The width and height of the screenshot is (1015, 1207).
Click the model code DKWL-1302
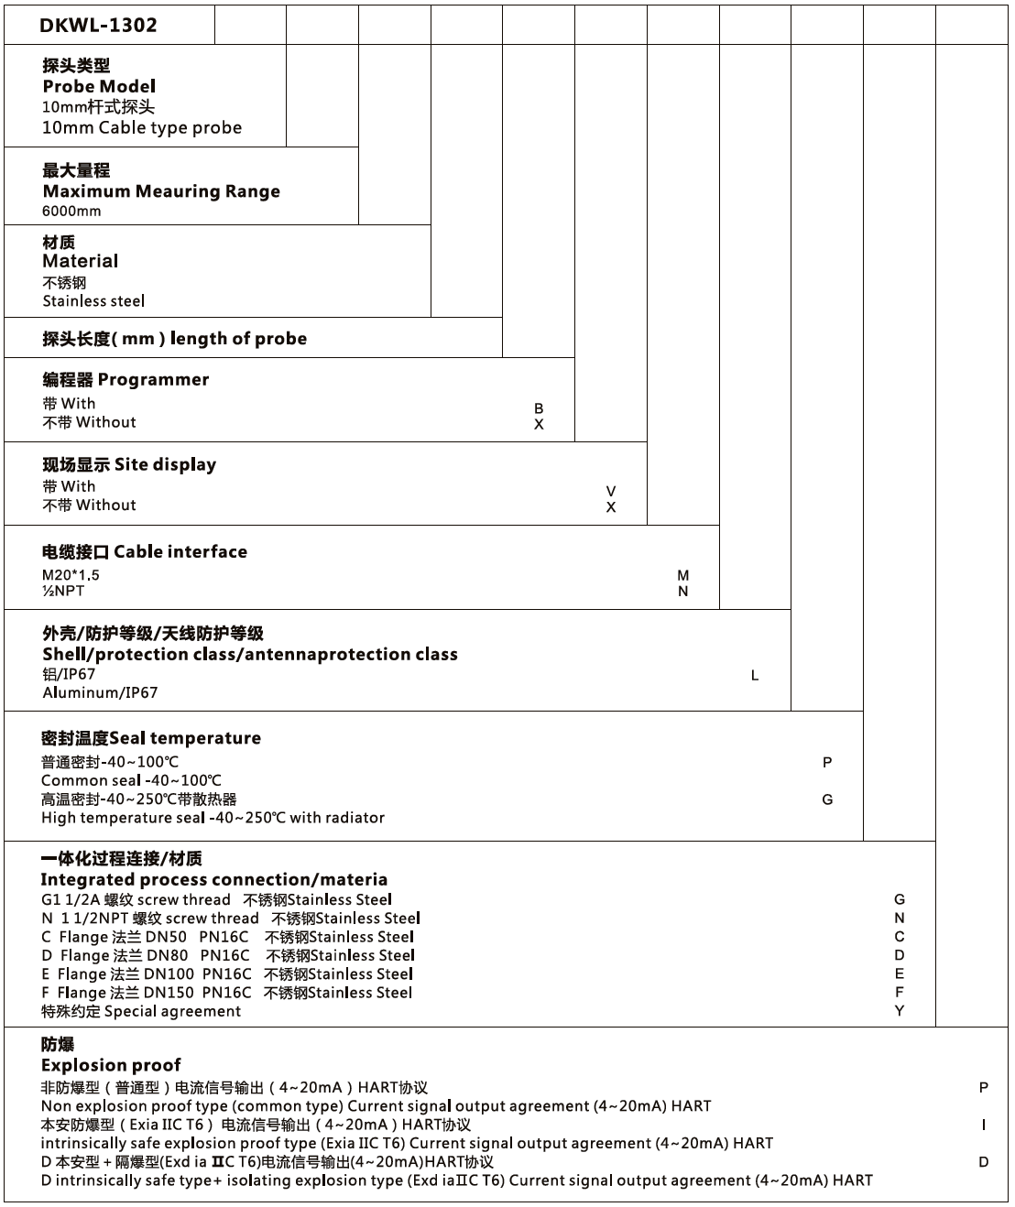point(98,26)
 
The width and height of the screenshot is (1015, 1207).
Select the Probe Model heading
point(99,86)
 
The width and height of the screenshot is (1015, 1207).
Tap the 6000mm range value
point(71,211)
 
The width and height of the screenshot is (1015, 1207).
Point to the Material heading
point(80,261)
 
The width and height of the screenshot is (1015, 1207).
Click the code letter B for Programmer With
point(539,408)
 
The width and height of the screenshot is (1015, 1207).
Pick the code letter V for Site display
point(611,492)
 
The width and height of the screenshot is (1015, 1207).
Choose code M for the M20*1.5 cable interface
point(683,575)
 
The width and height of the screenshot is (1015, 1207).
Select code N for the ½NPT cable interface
point(683,592)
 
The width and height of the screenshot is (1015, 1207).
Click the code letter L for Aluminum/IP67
point(755,676)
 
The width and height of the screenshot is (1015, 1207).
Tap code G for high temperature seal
point(827,799)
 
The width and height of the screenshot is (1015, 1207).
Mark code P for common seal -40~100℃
point(827,762)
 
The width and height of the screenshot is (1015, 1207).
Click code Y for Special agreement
point(900,1011)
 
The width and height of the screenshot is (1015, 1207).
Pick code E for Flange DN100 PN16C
point(900,973)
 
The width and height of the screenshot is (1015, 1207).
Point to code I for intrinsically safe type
point(984,1125)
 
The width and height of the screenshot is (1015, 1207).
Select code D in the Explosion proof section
point(984,1162)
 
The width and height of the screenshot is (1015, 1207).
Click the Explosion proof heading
point(111,1065)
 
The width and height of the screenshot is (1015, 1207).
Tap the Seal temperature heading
point(151,738)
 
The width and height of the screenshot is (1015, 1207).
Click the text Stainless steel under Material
point(93,301)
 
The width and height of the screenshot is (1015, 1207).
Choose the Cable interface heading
point(145,551)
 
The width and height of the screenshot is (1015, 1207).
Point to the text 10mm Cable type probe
point(142,128)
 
